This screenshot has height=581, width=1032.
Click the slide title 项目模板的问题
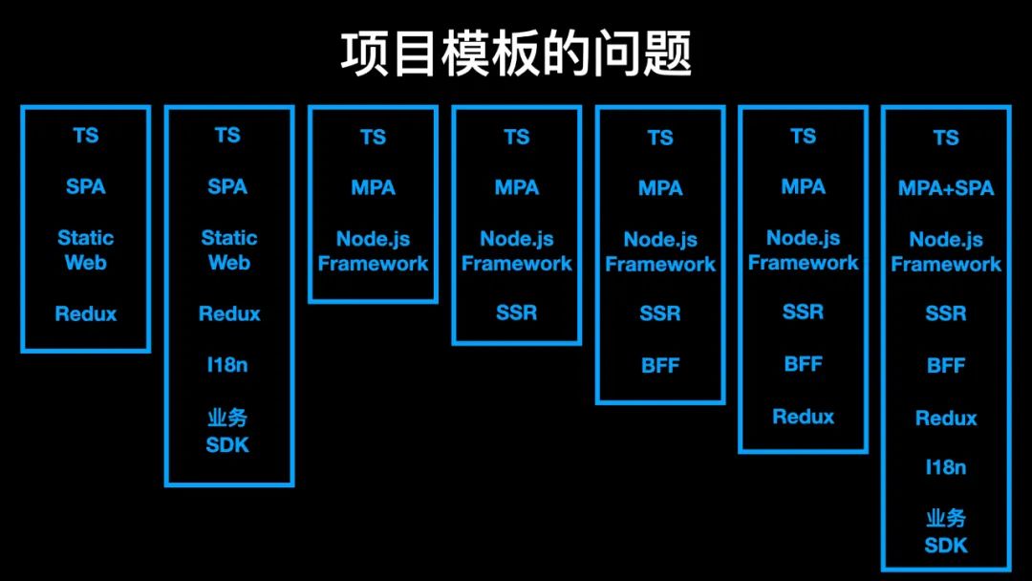pos(516,54)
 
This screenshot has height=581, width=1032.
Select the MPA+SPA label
pos(946,188)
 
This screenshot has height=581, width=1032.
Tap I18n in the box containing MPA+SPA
pos(946,467)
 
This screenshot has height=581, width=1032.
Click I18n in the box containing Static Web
pos(228,364)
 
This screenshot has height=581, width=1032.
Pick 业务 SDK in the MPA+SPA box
pos(946,532)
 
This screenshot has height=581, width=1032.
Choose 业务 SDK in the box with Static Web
pos(228,431)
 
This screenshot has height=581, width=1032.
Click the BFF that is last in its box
pos(660,365)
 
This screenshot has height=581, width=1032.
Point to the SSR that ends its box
pos(517,312)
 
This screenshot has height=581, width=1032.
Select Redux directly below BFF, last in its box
pos(803,416)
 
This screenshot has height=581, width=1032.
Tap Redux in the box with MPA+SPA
pos(946,418)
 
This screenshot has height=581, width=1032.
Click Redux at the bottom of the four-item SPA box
pos(86,313)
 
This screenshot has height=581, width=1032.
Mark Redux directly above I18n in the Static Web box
pos(228,313)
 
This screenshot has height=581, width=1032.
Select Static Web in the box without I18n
pos(86,249)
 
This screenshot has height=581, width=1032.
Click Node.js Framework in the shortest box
pos(373,251)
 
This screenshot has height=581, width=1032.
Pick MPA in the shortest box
pos(373,188)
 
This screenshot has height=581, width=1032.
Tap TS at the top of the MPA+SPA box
pos(946,138)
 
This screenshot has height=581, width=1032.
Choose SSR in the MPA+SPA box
pos(946,313)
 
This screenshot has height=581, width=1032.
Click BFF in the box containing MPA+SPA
pos(946,365)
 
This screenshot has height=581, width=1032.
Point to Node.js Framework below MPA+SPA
pos(946,252)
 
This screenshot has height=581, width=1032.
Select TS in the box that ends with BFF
pos(660,138)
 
